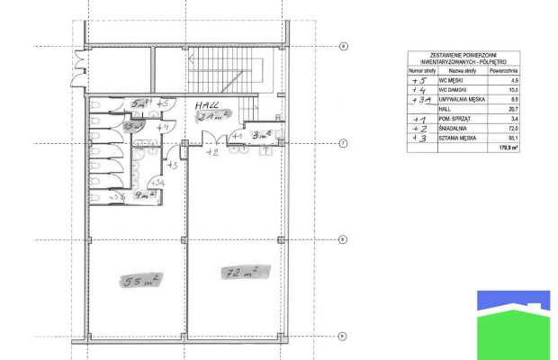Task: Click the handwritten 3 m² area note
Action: (262, 136)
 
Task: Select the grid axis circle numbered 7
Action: (343, 143)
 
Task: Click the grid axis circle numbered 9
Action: (343, 336)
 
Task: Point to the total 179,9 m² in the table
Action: (506, 149)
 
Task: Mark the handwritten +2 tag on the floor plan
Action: (212, 153)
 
